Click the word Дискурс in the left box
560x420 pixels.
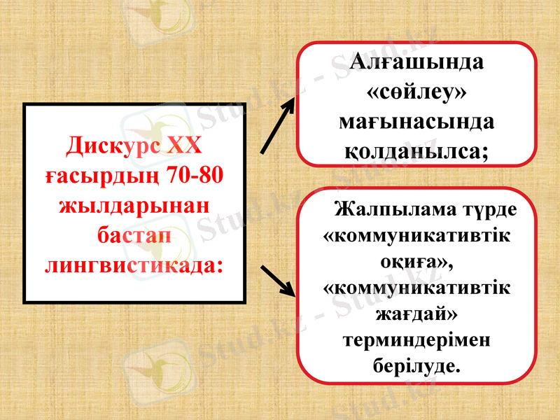(x=113, y=146)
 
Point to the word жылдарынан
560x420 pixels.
(x=134, y=206)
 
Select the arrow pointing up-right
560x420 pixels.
(x=278, y=125)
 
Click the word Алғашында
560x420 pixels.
(x=417, y=61)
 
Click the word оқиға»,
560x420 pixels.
(x=417, y=262)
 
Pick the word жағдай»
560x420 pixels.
(x=417, y=314)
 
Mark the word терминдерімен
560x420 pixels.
(x=417, y=339)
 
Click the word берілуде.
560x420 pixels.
(x=417, y=365)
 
